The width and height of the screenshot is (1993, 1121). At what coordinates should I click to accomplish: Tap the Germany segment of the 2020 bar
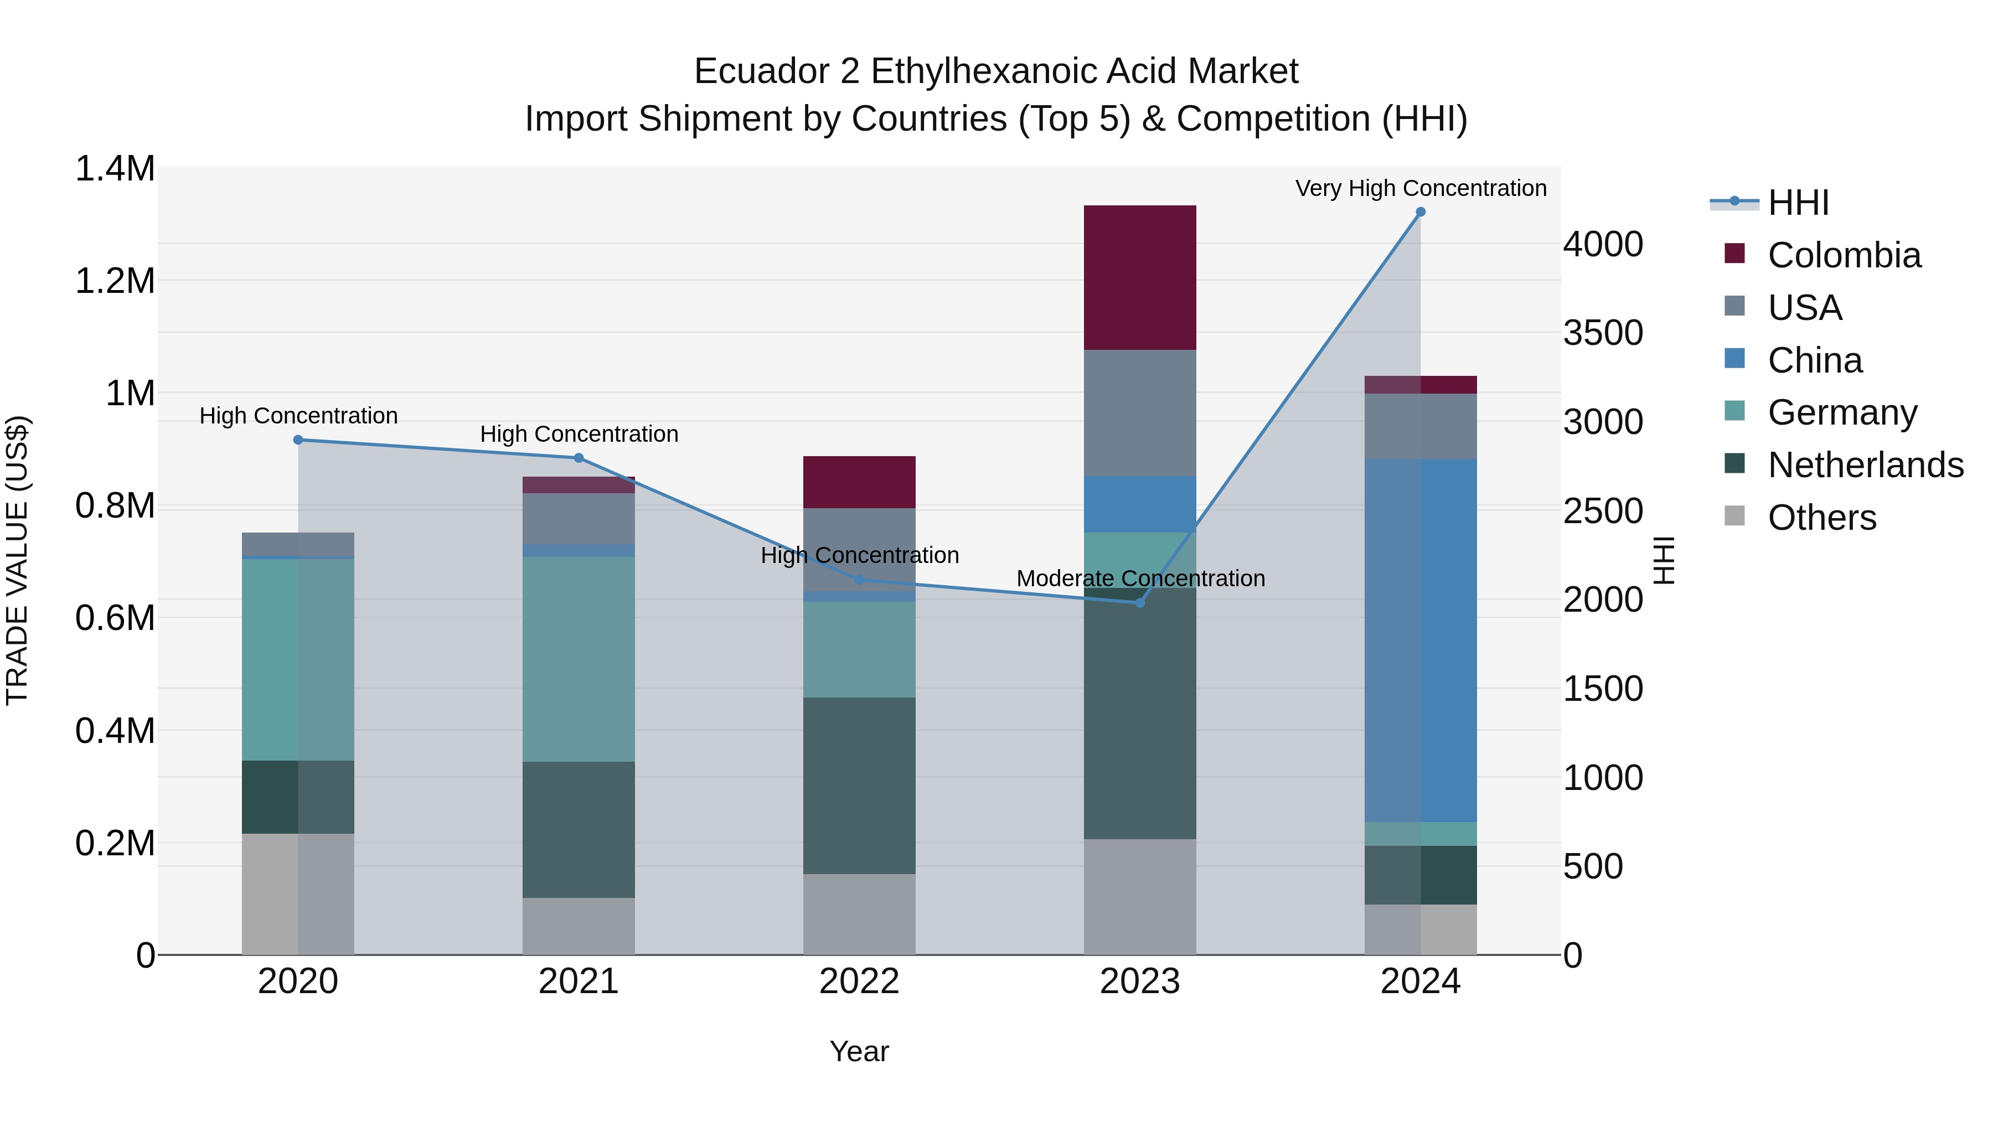pos(298,659)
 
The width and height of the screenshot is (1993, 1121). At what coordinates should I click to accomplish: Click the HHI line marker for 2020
pos(298,440)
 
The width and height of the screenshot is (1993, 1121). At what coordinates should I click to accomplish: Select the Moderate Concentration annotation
pos(1140,578)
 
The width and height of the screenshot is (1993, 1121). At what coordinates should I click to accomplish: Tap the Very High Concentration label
pos(1421,188)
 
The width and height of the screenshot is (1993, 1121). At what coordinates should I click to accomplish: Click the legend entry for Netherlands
pos(1865,465)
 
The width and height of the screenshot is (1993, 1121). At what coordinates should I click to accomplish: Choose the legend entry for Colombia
pos(1844,255)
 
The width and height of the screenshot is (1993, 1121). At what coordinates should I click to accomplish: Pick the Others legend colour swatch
pos(1734,516)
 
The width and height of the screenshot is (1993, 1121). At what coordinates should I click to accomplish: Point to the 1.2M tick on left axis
pos(115,281)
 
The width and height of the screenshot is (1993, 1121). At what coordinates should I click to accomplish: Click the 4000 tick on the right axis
pos(1602,245)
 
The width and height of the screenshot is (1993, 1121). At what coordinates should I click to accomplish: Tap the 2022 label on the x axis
pos(859,981)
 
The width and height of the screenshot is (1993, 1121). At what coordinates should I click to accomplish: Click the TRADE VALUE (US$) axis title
pos(17,560)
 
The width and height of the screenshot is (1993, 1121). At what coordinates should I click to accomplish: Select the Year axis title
pos(859,1051)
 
